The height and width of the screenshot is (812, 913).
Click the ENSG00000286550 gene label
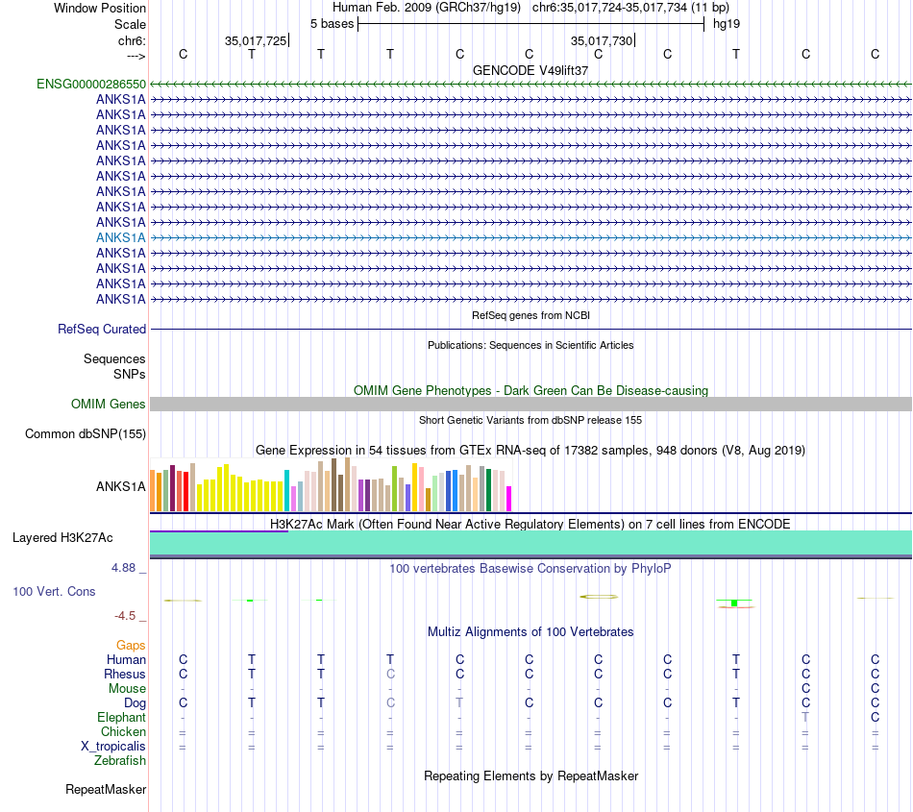[91, 85]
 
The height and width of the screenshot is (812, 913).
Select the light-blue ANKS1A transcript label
[121, 237]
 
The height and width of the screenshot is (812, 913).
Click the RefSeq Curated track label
[102, 329]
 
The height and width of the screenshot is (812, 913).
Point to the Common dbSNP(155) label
[85, 434]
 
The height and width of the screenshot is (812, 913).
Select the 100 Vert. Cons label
[54, 592]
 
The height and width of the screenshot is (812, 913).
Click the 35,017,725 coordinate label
[255, 41]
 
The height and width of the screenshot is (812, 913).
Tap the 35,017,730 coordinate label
[602, 41]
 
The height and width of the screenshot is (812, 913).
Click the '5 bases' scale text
[332, 23]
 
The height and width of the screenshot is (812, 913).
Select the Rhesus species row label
[125, 675]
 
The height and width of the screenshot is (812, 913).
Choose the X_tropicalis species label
[113, 747]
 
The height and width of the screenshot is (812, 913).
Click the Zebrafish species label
[120, 761]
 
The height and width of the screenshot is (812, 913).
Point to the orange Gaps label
[131, 646]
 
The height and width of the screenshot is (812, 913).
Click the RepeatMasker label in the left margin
[106, 790]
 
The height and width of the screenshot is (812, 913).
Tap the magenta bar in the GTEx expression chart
[509, 499]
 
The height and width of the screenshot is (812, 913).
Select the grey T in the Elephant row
[805, 718]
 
